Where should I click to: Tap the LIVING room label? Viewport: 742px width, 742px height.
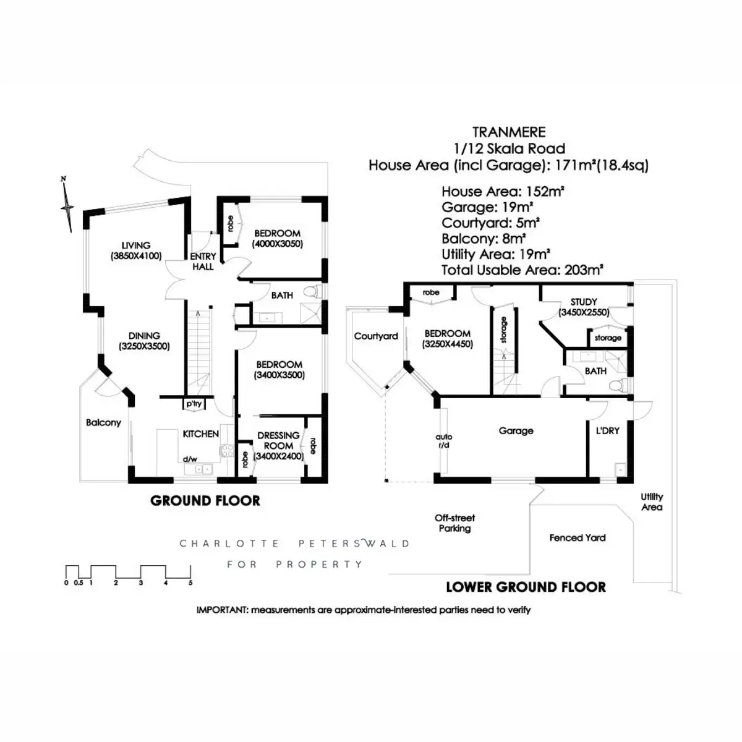[135, 245]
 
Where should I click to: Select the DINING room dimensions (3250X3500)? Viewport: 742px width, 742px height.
[144, 347]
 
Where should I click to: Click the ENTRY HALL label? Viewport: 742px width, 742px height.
[203, 262]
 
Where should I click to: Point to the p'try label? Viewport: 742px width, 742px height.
[194, 404]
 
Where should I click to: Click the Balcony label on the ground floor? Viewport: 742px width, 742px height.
[103, 423]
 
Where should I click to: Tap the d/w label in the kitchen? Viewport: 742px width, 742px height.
[189, 459]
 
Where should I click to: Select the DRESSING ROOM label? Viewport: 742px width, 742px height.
[278, 440]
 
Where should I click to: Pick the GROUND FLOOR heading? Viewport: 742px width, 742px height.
[205, 501]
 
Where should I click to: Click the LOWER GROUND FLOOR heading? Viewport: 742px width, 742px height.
[526, 587]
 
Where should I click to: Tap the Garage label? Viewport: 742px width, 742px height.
[516, 431]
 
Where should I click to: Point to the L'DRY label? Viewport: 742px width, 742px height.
[607, 430]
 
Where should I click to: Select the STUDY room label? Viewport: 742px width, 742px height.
[584, 302]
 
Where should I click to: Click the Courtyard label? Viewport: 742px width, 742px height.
[376, 336]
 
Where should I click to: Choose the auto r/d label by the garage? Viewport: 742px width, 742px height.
[443, 441]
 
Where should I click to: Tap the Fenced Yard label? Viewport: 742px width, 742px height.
[578, 538]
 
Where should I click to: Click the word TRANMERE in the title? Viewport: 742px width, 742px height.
[509, 132]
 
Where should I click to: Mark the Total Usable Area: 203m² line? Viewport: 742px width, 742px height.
[522, 270]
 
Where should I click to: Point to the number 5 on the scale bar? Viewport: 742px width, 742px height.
[190, 583]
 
